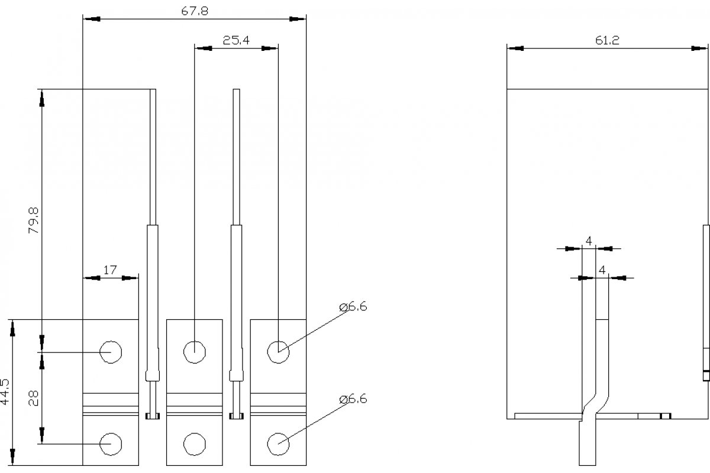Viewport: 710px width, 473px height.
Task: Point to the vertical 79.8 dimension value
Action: point(34,220)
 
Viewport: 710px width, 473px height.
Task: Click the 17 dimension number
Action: point(110,270)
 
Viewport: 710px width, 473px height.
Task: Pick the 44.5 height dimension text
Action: point(5,392)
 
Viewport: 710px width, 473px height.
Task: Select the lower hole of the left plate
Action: point(111,443)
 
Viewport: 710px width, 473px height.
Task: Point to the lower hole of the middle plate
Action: point(195,443)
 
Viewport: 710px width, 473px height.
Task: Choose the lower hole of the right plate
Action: point(278,443)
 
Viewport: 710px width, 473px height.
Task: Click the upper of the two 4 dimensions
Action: point(589,241)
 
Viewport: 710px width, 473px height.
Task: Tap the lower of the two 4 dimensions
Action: point(602,270)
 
